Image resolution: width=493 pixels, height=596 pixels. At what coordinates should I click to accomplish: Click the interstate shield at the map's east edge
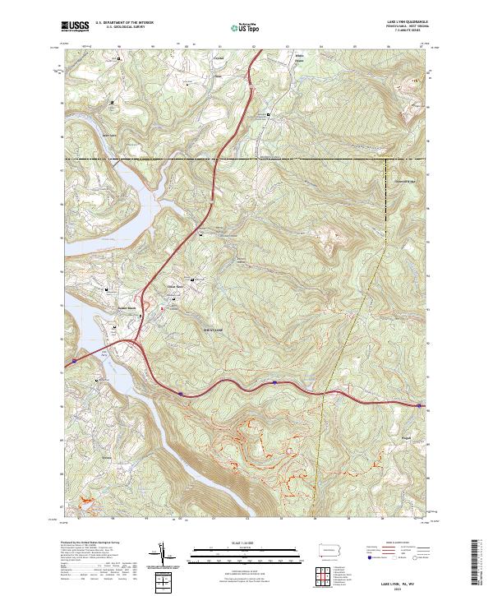tap(420, 405)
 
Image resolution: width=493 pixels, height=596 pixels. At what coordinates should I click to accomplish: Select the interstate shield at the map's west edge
tap(75, 359)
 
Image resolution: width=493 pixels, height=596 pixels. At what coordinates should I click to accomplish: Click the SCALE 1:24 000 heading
tap(246, 543)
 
